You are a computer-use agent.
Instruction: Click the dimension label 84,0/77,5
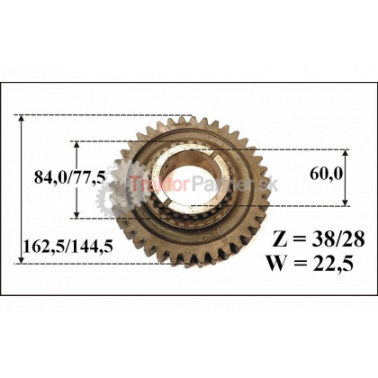click(x=70, y=176)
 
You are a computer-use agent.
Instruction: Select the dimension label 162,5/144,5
click(x=68, y=247)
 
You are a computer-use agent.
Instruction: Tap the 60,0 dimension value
click(x=326, y=174)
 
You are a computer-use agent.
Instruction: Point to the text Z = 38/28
click(x=319, y=239)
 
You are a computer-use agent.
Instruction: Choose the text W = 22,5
click(x=310, y=263)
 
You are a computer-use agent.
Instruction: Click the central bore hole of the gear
click(x=181, y=181)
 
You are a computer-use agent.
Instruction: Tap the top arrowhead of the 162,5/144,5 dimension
click(x=21, y=118)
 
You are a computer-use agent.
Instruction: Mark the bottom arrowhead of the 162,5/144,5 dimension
click(x=21, y=260)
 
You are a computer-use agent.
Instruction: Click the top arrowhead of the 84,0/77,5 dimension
click(x=76, y=144)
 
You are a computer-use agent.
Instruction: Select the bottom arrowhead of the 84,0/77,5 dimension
click(x=76, y=215)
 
